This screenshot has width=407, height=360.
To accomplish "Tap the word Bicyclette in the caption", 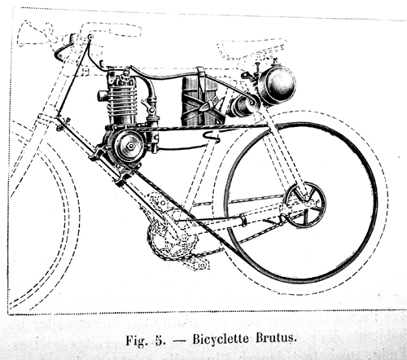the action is click(x=221, y=339).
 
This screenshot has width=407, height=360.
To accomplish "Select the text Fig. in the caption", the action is click(x=136, y=340).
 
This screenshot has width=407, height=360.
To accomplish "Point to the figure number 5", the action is click(x=160, y=340).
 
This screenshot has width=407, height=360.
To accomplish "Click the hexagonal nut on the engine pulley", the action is click(x=131, y=146).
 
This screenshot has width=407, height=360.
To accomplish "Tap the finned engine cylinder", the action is click(x=122, y=99).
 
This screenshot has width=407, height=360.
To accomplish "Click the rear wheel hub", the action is click(x=306, y=205).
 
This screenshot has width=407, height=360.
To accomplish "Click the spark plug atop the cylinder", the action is click(x=125, y=75).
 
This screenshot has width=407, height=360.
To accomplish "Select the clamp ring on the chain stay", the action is click(x=243, y=220).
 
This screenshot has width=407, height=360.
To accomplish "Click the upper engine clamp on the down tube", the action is click(x=98, y=152).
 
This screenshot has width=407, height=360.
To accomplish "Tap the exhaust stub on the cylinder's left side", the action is click(x=103, y=96).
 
